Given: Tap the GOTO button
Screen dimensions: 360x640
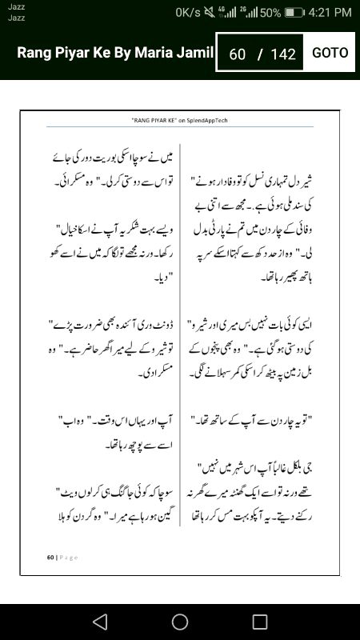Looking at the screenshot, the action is click(x=330, y=53).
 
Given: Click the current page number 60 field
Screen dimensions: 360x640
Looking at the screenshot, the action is click(x=237, y=54).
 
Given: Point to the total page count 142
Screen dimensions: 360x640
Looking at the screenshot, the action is click(x=283, y=54).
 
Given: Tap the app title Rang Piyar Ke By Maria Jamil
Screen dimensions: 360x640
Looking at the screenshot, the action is click(x=115, y=53).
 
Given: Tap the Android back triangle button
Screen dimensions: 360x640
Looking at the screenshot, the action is click(x=99, y=621).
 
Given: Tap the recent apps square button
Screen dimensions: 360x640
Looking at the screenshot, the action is click(x=260, y=621).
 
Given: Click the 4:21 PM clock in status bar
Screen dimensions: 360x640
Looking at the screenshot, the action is click(x=330, y=12).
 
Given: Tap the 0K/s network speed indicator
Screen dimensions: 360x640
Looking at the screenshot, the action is click(x=189, y=12).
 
